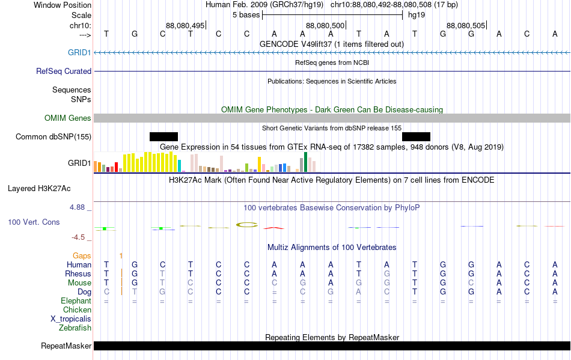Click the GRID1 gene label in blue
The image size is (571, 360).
click(79, 52)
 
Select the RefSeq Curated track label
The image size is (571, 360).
click(64, 71)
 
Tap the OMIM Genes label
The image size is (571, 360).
click(68, 118)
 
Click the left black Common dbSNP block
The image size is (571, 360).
click(164, 136)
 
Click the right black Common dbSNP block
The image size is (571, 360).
click(417, 136)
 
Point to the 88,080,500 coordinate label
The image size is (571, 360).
click(325, 25)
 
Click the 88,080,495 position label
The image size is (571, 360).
click(185, 25)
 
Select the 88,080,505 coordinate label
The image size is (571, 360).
click(466, 25)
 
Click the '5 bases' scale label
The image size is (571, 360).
click(246, 15)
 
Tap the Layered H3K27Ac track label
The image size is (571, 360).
click(39, 189)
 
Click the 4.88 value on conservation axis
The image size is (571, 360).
click(77, 207)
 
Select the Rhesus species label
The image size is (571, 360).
click(78, 273)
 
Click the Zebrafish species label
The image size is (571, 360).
click(75, 328)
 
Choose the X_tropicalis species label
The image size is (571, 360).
click(71, 319)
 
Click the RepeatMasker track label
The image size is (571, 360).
click(66, 346)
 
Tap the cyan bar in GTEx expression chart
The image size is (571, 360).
click(179, 166)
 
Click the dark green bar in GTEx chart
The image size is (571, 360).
click(305, 162)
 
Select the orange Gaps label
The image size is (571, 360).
click(82, 255)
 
